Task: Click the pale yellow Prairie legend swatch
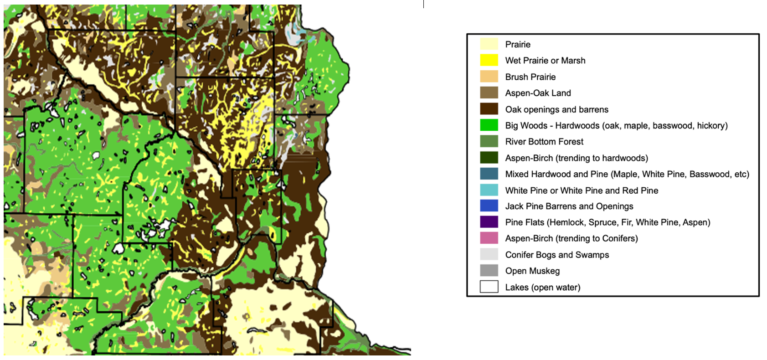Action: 489,44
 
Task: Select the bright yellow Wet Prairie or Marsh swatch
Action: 489,60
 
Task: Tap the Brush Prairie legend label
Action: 530,77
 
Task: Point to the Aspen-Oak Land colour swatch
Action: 489,93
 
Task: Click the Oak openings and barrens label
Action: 556,109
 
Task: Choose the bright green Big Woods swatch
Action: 489,125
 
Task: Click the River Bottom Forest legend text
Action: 544,142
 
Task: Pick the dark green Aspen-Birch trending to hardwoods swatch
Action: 489,158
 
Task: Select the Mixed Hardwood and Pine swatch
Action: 489,174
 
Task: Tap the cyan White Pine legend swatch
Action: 489,190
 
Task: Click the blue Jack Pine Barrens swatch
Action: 489,206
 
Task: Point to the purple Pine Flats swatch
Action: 489,222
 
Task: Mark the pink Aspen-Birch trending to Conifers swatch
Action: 489,238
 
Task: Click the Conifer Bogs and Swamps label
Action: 557,255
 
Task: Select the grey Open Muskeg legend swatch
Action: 489,271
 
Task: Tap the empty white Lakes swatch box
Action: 489,287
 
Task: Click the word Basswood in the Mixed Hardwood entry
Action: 707,174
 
